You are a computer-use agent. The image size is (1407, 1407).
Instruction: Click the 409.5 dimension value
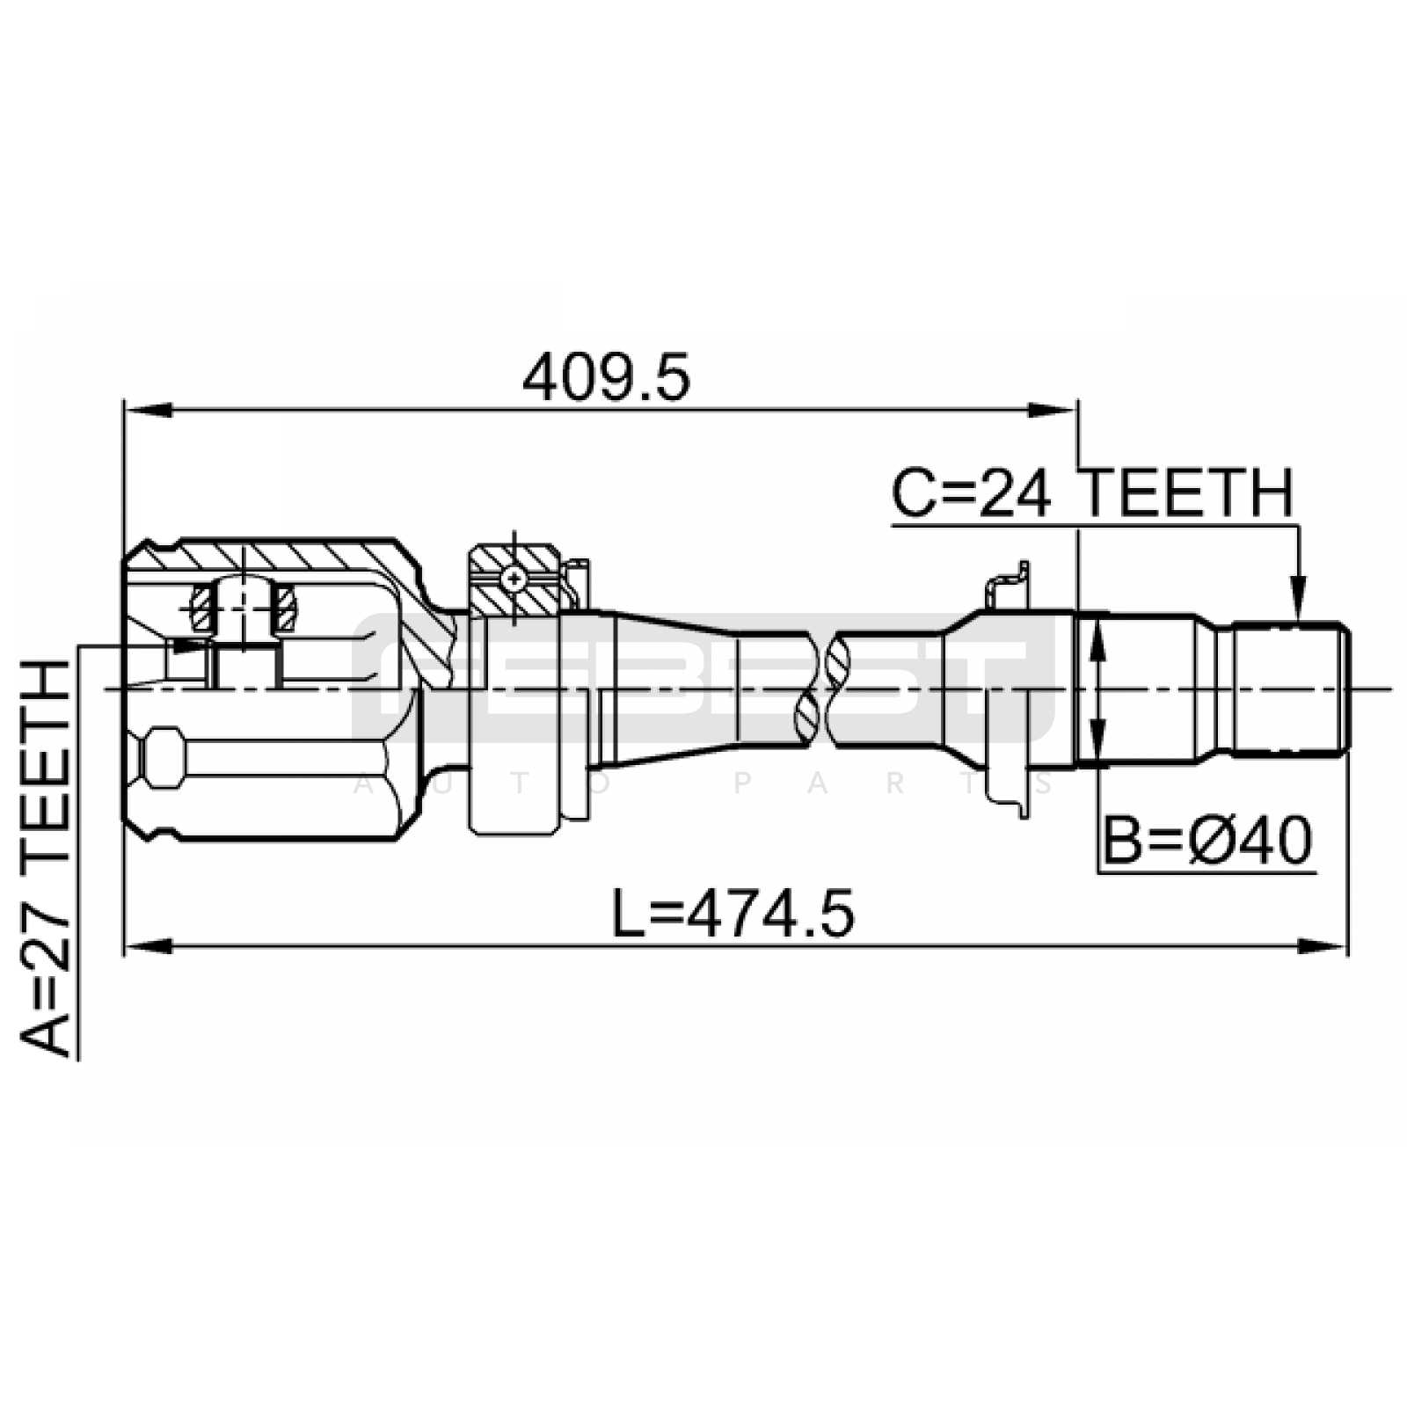click(x=606, y=378)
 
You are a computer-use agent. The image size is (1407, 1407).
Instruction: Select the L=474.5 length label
click(x=733, y=912)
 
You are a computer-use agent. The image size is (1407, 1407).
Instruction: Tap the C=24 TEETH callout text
click(x=1093, y=493)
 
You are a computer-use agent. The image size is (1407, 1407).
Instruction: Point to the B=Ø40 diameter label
click(x=1207, y=841)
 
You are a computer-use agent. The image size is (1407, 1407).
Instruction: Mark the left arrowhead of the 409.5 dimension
click(x=148, y=410)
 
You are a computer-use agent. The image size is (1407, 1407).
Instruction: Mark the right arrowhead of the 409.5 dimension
click(x=1053, y=410)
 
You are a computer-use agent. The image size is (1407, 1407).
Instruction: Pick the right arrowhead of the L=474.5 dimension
click(x=1323, y=947)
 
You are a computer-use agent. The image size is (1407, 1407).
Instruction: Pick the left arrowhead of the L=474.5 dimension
click(x=148, y=947)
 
